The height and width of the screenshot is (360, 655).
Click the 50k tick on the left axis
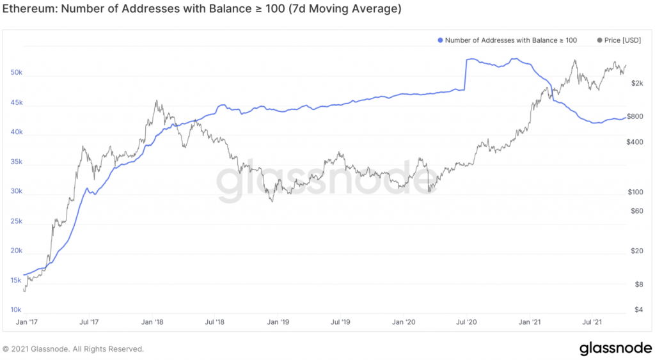[16, 73]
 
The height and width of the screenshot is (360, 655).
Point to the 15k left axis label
[16, 281]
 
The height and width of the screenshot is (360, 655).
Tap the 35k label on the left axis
[16, 162]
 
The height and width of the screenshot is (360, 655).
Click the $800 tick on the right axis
[635, 117]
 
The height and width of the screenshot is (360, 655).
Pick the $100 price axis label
[635, 192]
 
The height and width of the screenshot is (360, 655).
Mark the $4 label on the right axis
[635, 310]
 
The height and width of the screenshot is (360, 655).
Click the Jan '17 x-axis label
[27, 322]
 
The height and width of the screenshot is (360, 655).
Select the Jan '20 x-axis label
[404, 322]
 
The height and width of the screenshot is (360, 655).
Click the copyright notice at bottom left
[74, 349]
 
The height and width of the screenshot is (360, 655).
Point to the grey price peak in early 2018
[157, 101]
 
